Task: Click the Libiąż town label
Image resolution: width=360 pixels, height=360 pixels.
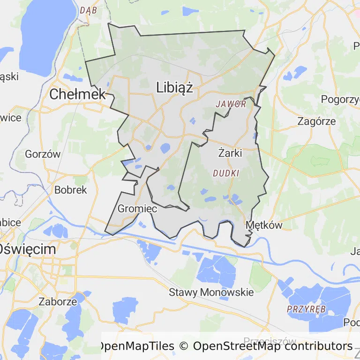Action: click(175, 87)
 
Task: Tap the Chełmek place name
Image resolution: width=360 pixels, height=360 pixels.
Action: click(78, 94)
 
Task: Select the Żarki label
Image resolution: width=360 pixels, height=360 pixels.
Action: click(230, 152)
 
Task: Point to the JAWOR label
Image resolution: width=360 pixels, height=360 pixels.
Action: click(231, 104)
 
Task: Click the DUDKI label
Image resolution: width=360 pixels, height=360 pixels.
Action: click(226, 173)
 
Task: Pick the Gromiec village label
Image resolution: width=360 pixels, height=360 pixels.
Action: click(137, 209)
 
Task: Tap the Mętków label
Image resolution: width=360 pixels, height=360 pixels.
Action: click(264, 225)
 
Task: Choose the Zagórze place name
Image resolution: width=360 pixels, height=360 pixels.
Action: click(316, 121)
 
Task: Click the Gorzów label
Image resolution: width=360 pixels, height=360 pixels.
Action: click(43, 154)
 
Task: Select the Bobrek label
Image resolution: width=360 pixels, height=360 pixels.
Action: click(71, 190)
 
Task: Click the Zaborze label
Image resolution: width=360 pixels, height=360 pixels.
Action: click(58, 301)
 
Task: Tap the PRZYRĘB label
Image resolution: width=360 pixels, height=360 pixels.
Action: click(306, 309)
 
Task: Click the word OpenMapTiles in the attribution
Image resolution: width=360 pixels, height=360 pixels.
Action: click(136, 346)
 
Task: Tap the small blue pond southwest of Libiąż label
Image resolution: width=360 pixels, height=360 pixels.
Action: click(165, 149)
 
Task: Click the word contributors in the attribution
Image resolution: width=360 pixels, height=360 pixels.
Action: click(320, 346)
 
